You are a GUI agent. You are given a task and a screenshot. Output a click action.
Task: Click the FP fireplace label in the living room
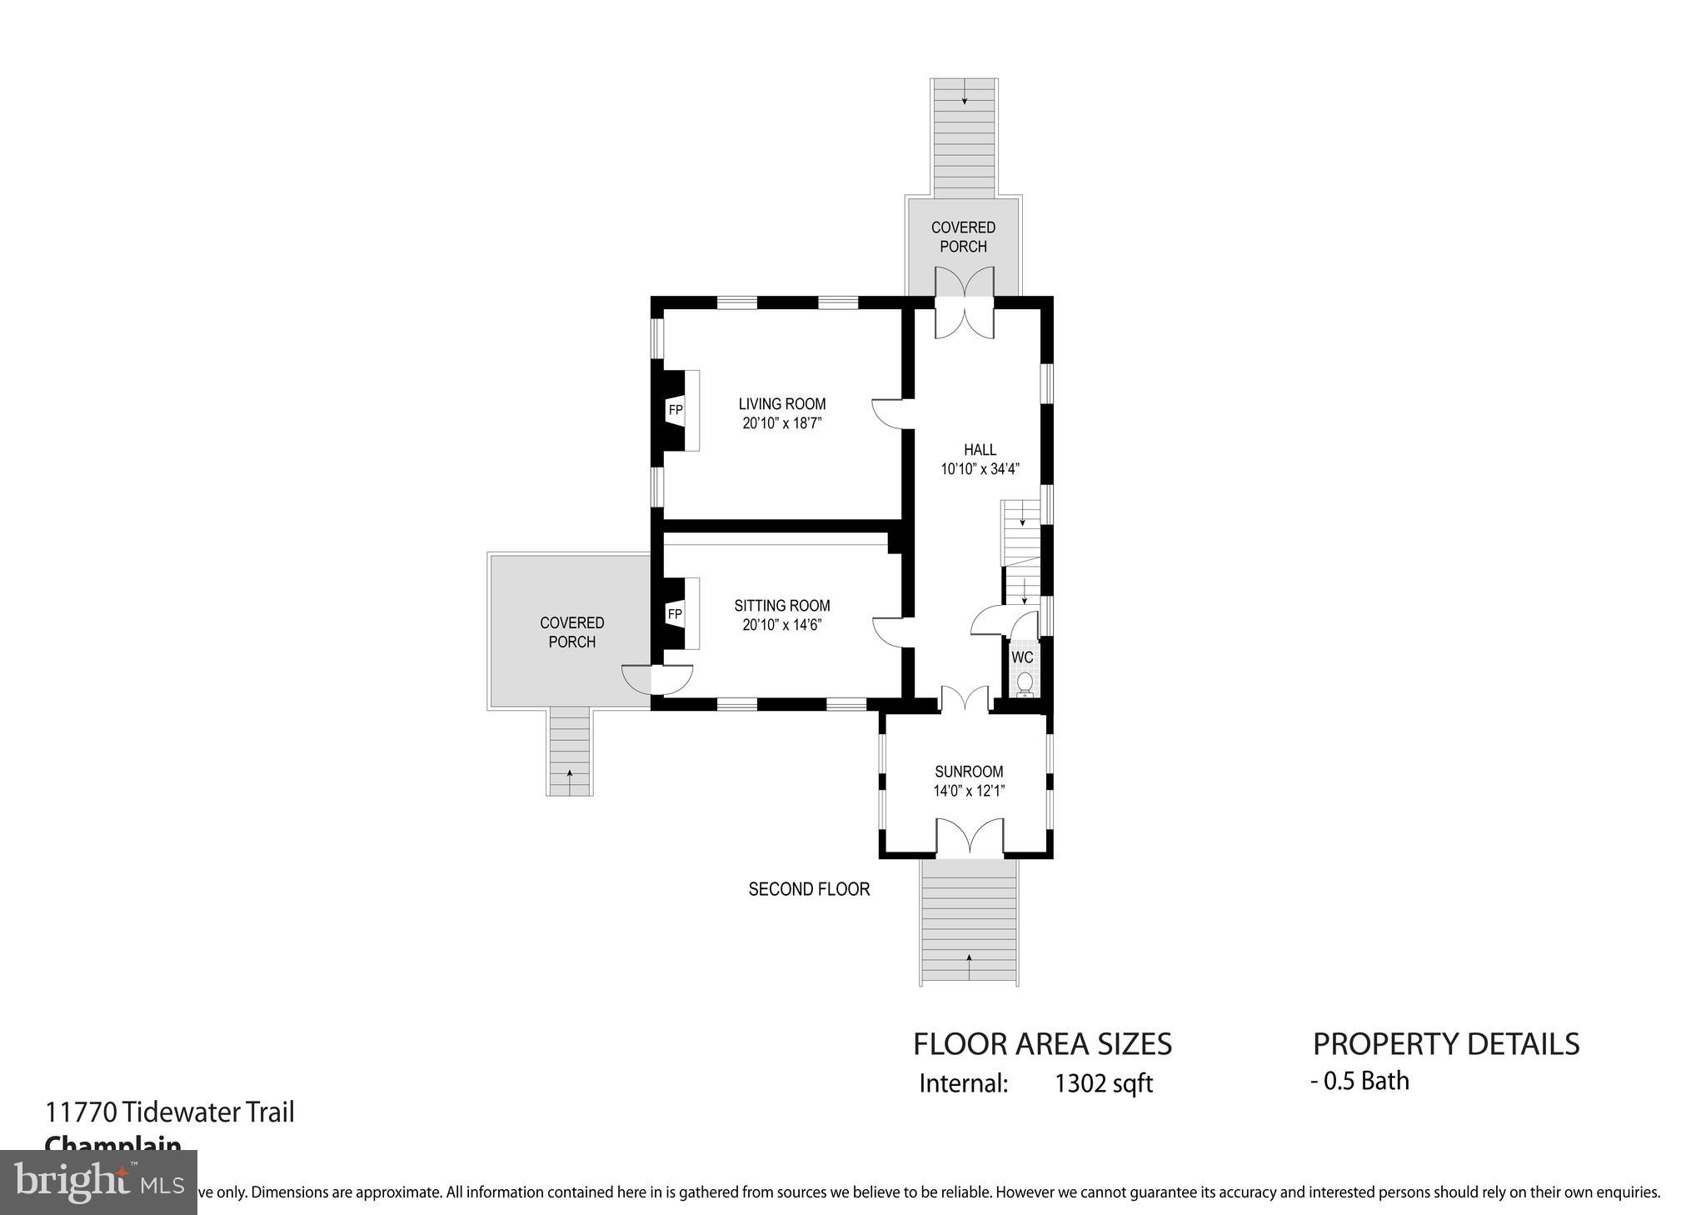click(x=675, y=410)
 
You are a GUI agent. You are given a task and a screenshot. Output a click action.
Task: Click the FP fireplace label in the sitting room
click(x=675, y=614)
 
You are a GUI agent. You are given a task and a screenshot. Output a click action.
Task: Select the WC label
click(x=1022, y=657)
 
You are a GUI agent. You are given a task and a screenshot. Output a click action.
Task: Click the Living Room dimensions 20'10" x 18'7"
click(x=782, y=423)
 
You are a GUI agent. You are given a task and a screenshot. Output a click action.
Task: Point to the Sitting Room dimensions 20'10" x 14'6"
click(x=782, y=625)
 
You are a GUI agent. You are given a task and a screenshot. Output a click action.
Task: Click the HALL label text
click(x=980, y=450)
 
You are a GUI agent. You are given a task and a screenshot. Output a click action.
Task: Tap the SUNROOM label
click(x=969, y=772)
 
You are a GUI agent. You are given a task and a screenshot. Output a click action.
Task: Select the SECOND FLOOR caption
click(x=809, y=889)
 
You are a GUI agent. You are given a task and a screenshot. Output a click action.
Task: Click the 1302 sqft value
click(x=1104, y=1083)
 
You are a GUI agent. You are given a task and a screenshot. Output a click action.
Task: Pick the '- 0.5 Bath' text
click(x=1359, y=1081)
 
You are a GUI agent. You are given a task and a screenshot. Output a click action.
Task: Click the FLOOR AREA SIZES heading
click(x=1042, y=1044)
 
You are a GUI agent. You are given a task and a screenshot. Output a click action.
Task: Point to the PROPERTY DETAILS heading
click(x=1446, y=1044)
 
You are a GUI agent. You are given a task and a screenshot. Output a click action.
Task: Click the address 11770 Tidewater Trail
click(x=170, y=1112)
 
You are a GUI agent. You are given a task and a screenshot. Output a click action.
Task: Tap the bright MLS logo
click(x=98, y=1182)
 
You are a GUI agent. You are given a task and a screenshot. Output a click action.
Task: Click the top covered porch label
click(x=963, y=237)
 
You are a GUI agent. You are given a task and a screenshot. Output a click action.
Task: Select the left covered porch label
click(x=571, y=632)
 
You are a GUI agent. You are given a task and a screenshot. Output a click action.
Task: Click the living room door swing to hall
click(x=887, y=413)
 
